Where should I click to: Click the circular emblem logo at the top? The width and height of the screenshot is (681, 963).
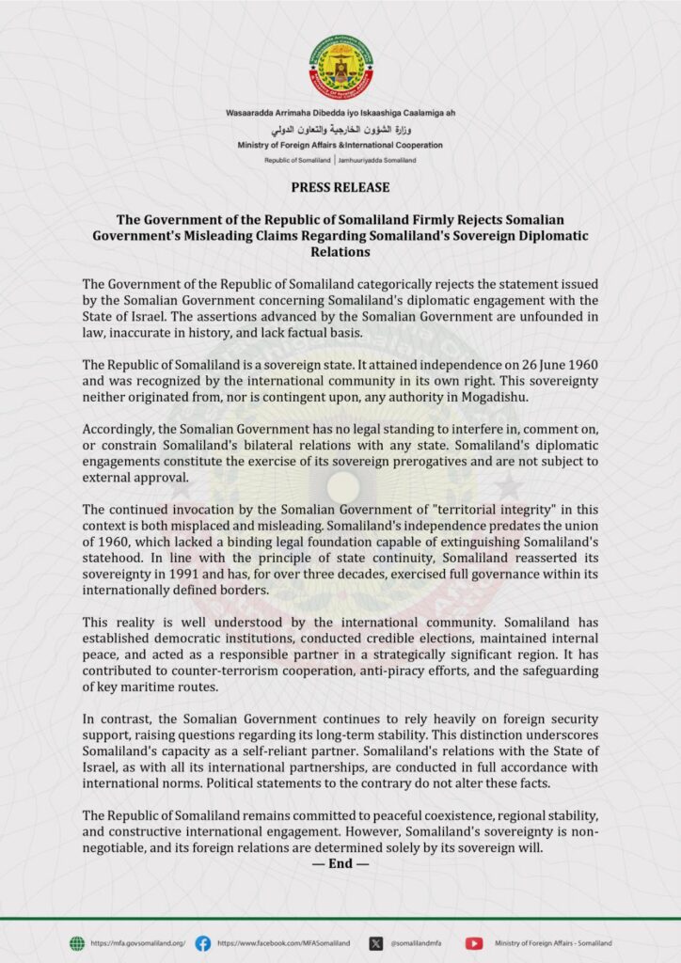340,67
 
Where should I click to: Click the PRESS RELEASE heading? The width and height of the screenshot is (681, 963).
340,187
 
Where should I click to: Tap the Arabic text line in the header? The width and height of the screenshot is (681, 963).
340,129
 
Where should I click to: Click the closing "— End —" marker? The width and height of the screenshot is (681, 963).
340,862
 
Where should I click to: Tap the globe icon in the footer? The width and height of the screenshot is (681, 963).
77,942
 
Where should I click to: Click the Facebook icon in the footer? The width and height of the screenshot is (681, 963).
202,942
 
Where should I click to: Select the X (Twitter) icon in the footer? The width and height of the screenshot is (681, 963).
376,942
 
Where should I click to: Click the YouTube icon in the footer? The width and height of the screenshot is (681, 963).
474,942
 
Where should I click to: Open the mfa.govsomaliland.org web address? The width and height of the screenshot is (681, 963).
137,942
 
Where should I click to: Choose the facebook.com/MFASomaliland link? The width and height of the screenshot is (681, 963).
283,942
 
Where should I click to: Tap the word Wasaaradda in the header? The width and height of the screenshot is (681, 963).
249,113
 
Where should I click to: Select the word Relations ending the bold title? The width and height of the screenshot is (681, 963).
340,253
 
